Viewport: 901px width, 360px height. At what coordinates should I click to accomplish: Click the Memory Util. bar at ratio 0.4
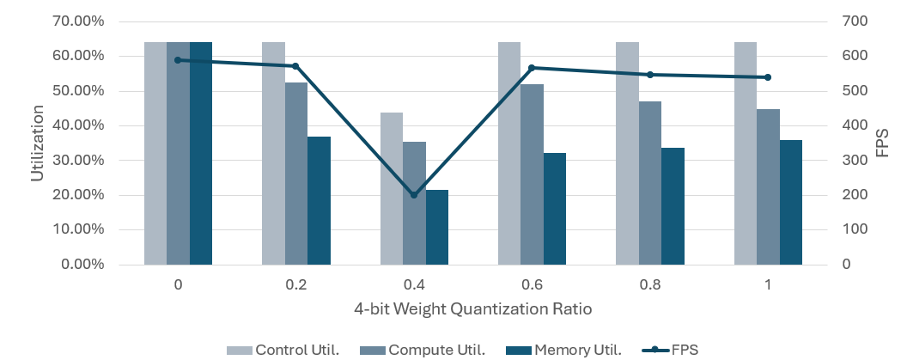click(437, 227)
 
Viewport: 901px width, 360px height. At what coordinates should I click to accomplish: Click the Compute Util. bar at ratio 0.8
click(650, 182)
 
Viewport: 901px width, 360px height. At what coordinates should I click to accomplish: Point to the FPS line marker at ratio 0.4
click(413, 195)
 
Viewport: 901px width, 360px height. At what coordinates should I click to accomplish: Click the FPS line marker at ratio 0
click(178, 60)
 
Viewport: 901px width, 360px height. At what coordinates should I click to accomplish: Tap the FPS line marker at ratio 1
click(768, 77)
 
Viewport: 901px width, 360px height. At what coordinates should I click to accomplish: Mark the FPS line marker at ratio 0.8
click(650, 75)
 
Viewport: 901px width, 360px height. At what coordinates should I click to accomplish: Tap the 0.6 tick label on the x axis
click(532, 284)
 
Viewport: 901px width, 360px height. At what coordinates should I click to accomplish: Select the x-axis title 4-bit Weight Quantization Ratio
click(472, 308)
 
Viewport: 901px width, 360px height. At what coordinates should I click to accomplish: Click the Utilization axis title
click(37, 143)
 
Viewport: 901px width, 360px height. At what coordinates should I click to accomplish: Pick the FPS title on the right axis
click(880, 143)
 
